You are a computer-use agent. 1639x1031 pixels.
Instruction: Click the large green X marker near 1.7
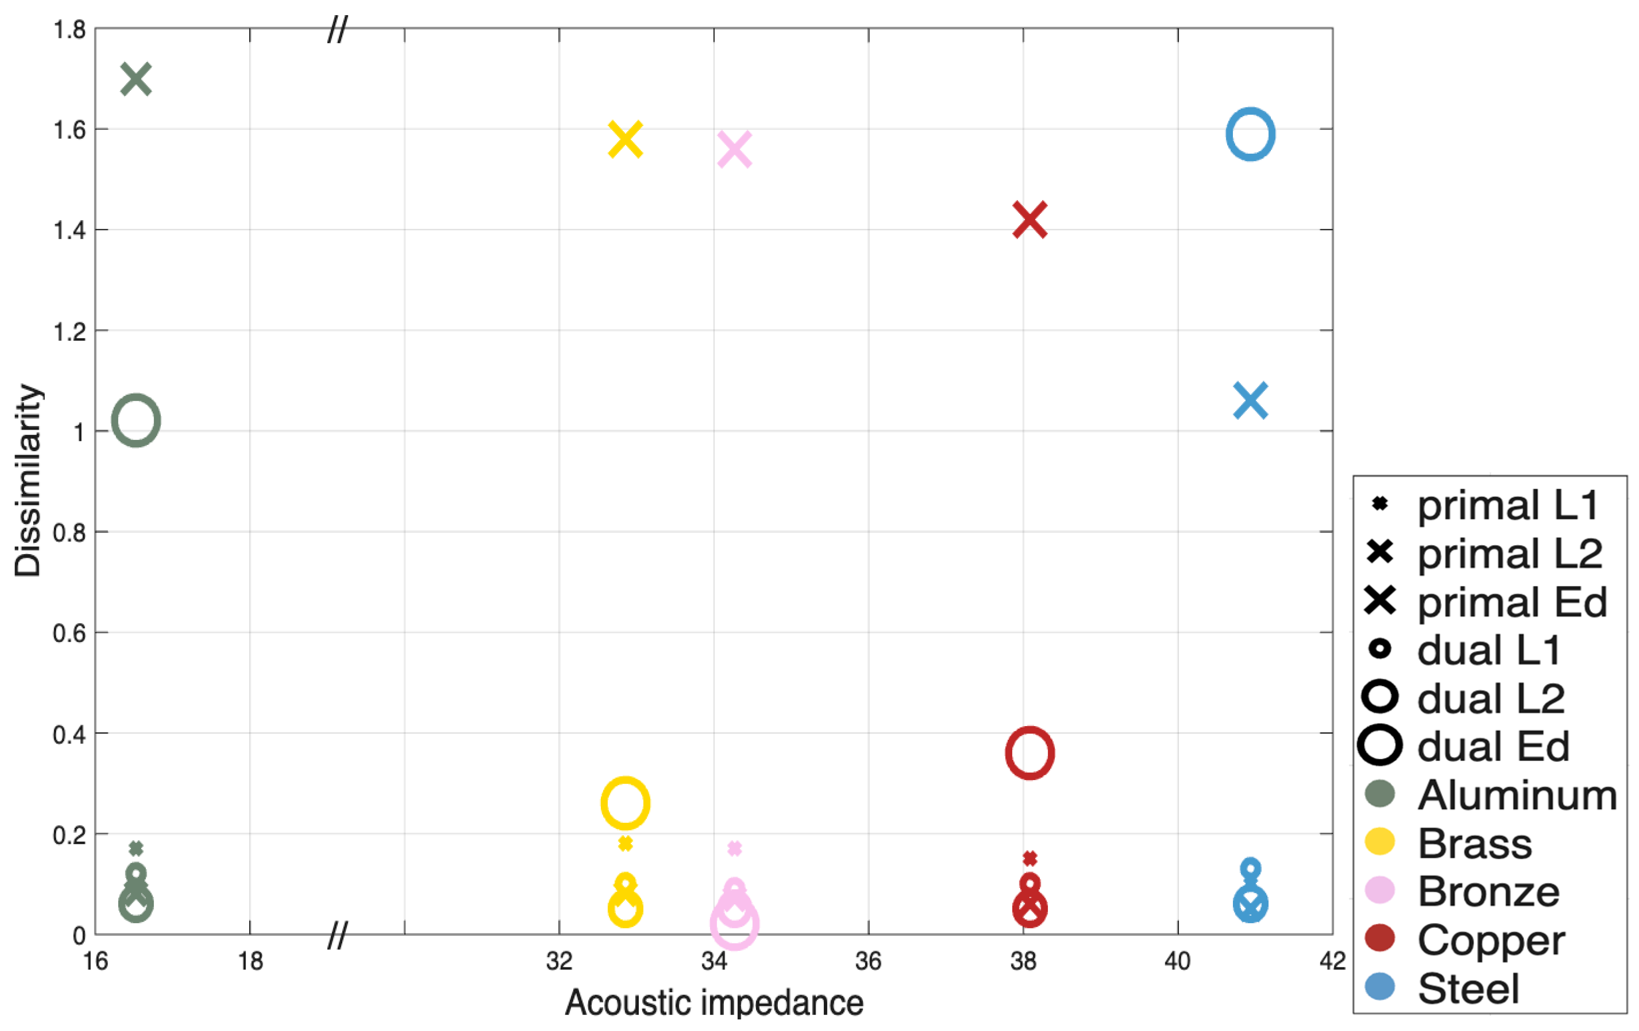click(136, 80)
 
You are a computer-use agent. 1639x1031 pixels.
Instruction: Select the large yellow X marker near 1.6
click(625, 140)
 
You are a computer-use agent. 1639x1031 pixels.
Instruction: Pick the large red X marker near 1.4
click(1029, 220)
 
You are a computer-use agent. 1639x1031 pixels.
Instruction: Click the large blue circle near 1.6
click(1250, 135)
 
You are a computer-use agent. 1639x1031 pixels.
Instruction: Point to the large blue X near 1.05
click(1250, 400)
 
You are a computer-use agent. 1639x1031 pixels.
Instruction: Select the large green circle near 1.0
click(136, 421)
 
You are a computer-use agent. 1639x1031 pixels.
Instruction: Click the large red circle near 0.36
click(1029, 753)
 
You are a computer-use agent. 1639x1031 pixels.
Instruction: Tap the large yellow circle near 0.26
click(625, 803)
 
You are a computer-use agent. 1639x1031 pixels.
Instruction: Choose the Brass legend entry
click(1474, 843)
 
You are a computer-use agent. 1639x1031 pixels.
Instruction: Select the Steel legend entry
click(1467, 988)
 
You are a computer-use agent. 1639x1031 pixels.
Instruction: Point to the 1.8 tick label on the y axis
click(70, 30)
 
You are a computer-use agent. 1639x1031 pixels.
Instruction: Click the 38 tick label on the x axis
click(1023, 961)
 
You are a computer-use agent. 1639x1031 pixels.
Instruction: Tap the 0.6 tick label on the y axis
click(70, 633)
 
